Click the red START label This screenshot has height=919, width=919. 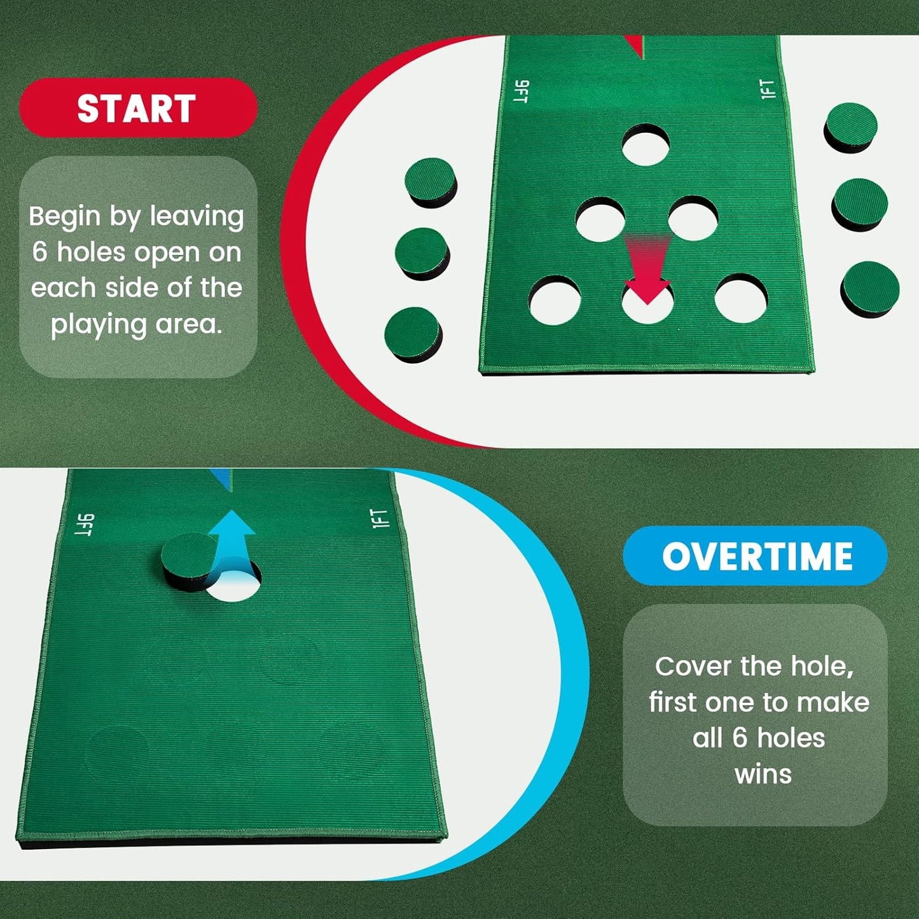pos(137,108)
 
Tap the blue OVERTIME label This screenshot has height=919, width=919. pos(756,556)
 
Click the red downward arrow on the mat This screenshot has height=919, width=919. pos(646,270)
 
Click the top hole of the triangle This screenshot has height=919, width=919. pos(646,145)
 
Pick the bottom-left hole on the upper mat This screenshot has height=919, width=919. pos(555,301)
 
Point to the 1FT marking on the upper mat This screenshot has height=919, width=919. pos(768,89)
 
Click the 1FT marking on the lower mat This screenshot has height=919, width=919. pos(379,519)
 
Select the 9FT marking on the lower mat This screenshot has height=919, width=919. pos(85,525)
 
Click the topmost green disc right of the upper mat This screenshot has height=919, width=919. pos(851,127)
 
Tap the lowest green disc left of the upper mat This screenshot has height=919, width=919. pos(413,334)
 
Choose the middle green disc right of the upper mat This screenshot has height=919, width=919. pos(860,204)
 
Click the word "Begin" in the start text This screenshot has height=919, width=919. pos(65,217)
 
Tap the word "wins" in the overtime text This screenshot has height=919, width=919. pos(763,775)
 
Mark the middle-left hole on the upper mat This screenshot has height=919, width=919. pos(600,219)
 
